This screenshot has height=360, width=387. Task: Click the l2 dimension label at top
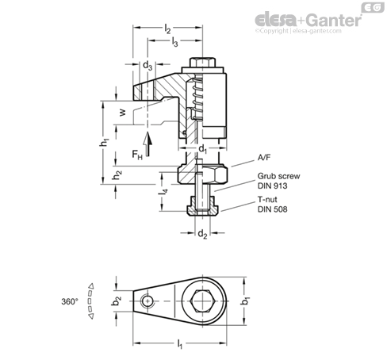pos(167,29)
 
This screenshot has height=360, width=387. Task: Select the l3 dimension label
pos(174,42)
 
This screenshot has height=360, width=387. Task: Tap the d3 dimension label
pos(148,65)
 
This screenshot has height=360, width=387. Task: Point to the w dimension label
pos(122,113)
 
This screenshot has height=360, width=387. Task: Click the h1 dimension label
pos(105,142)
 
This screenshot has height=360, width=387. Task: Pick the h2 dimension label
pos(117,174)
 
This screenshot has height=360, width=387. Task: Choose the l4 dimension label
pos(163,192)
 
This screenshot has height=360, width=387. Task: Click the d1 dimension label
pos(203,150)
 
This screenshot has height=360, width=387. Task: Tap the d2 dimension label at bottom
pos(202,234)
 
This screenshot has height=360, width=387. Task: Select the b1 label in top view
pos(246,301)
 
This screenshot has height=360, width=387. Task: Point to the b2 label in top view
pos(117,301)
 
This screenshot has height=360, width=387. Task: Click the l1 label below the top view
pos(180,344)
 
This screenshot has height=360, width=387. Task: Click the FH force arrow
pos(148,144)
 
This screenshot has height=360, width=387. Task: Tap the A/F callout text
pos(264,158)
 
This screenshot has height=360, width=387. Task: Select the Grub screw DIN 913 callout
pos(278,181)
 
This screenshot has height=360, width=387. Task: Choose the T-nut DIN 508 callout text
pos(272,205)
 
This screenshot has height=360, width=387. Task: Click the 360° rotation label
pos(70,301)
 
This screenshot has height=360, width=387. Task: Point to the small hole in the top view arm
pos(148,301)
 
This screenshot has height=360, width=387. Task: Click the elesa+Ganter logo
pos(308,21)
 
